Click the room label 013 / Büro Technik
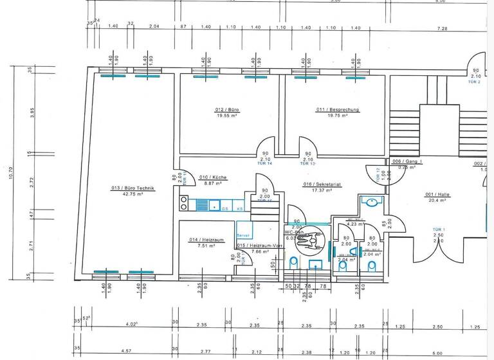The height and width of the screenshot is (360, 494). point(133,188)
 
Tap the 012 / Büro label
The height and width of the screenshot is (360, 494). point(227,110)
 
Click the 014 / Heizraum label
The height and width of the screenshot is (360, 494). point(206,239)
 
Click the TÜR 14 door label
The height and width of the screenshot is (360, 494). point(265,164)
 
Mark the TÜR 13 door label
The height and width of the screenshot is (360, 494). point(308,164)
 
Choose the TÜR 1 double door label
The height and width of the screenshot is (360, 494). point(439,230)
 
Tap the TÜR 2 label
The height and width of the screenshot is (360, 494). point(475,82)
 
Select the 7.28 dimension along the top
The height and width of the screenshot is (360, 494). point(441,29)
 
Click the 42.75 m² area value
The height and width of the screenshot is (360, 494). point(133,194)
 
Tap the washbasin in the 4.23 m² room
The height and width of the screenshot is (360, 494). point(371,201)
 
